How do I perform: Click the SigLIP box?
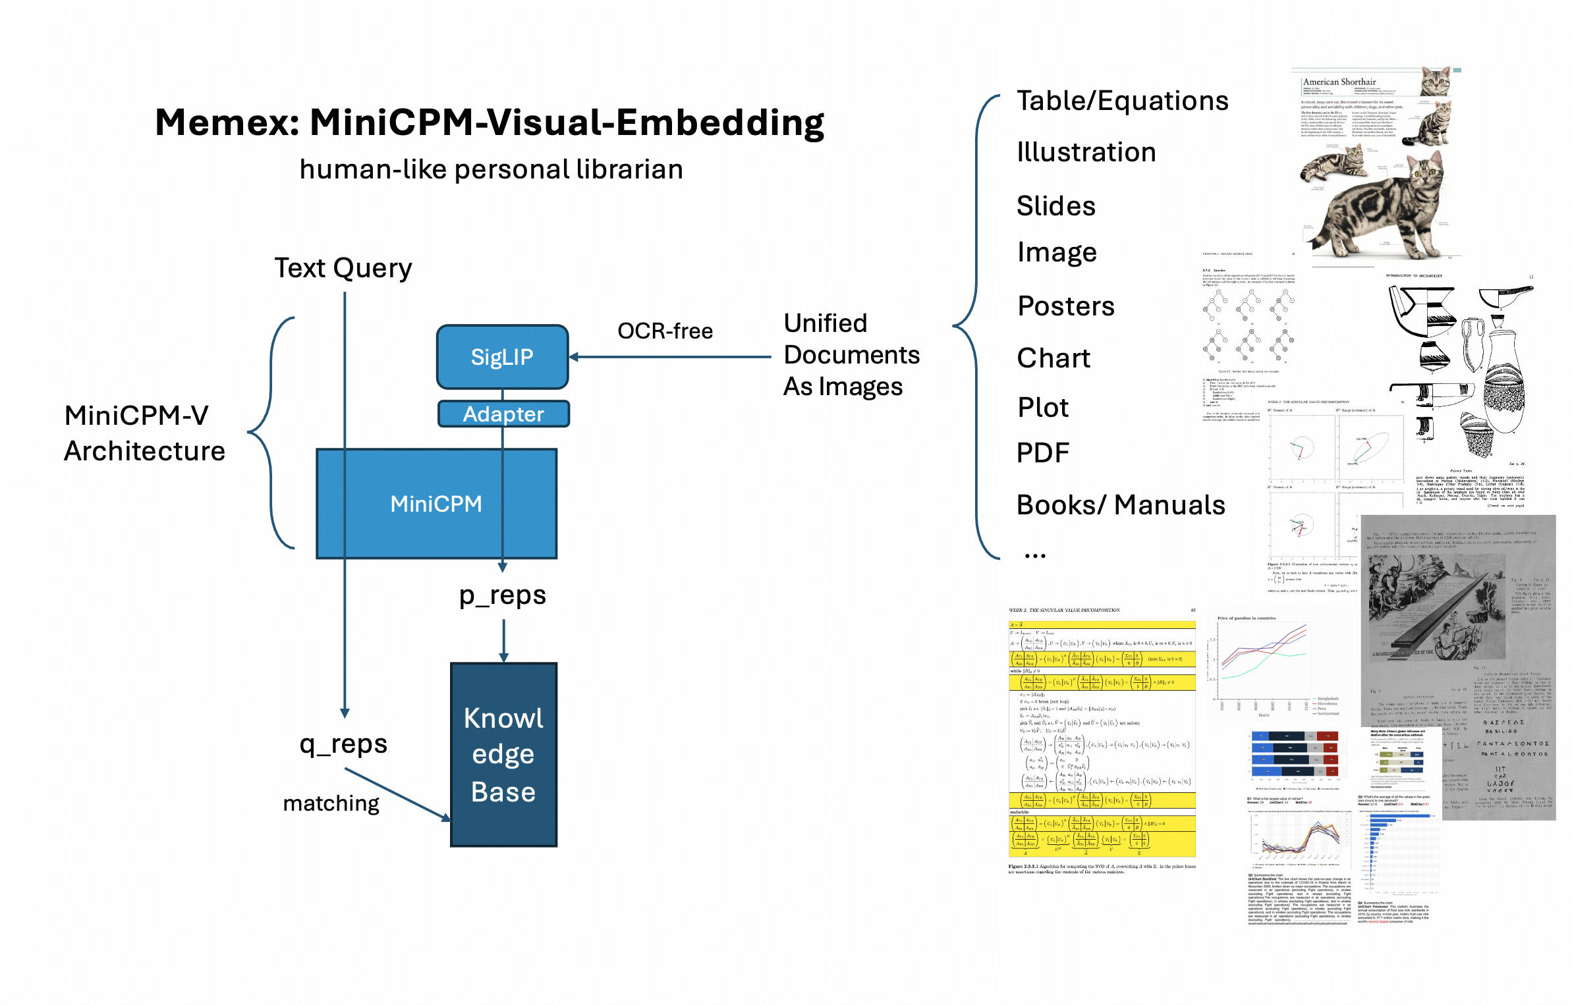pyautogui.click(x=502, y=357)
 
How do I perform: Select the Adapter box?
pyautogui.click(x=503, y=414)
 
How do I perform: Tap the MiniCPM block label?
pyautogui.click(x=436, y=504)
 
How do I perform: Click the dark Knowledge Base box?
pyautogui.click(x=503, y=755)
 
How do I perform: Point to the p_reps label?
pyautogui.click(x=503, y=595)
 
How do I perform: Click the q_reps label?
pyautogui.click(x=343, y=744)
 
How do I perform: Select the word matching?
pyautogui.click(x=331, y=803)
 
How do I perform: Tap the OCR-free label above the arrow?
pyautogui.click(x=665, y=331)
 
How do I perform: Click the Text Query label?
pyautogui.click(x=343, y=268)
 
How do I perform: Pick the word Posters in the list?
pyautogui.click(x=1066, y=306)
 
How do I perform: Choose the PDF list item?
pyautogui.click(x=1042, y=453)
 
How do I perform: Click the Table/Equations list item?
pyautogui.click(x=1122, y=101)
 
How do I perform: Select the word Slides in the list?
pyautogui.click(x=1055, y=206)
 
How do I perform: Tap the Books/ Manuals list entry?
pyautogui.click(x=1120, y=505)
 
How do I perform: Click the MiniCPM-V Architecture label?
pyautogui.click(x=144, y=433)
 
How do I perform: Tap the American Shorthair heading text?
pyautogui.click(x=1339, y=82)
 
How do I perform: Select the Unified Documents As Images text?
pyautogui.click(x=851, y=355)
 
